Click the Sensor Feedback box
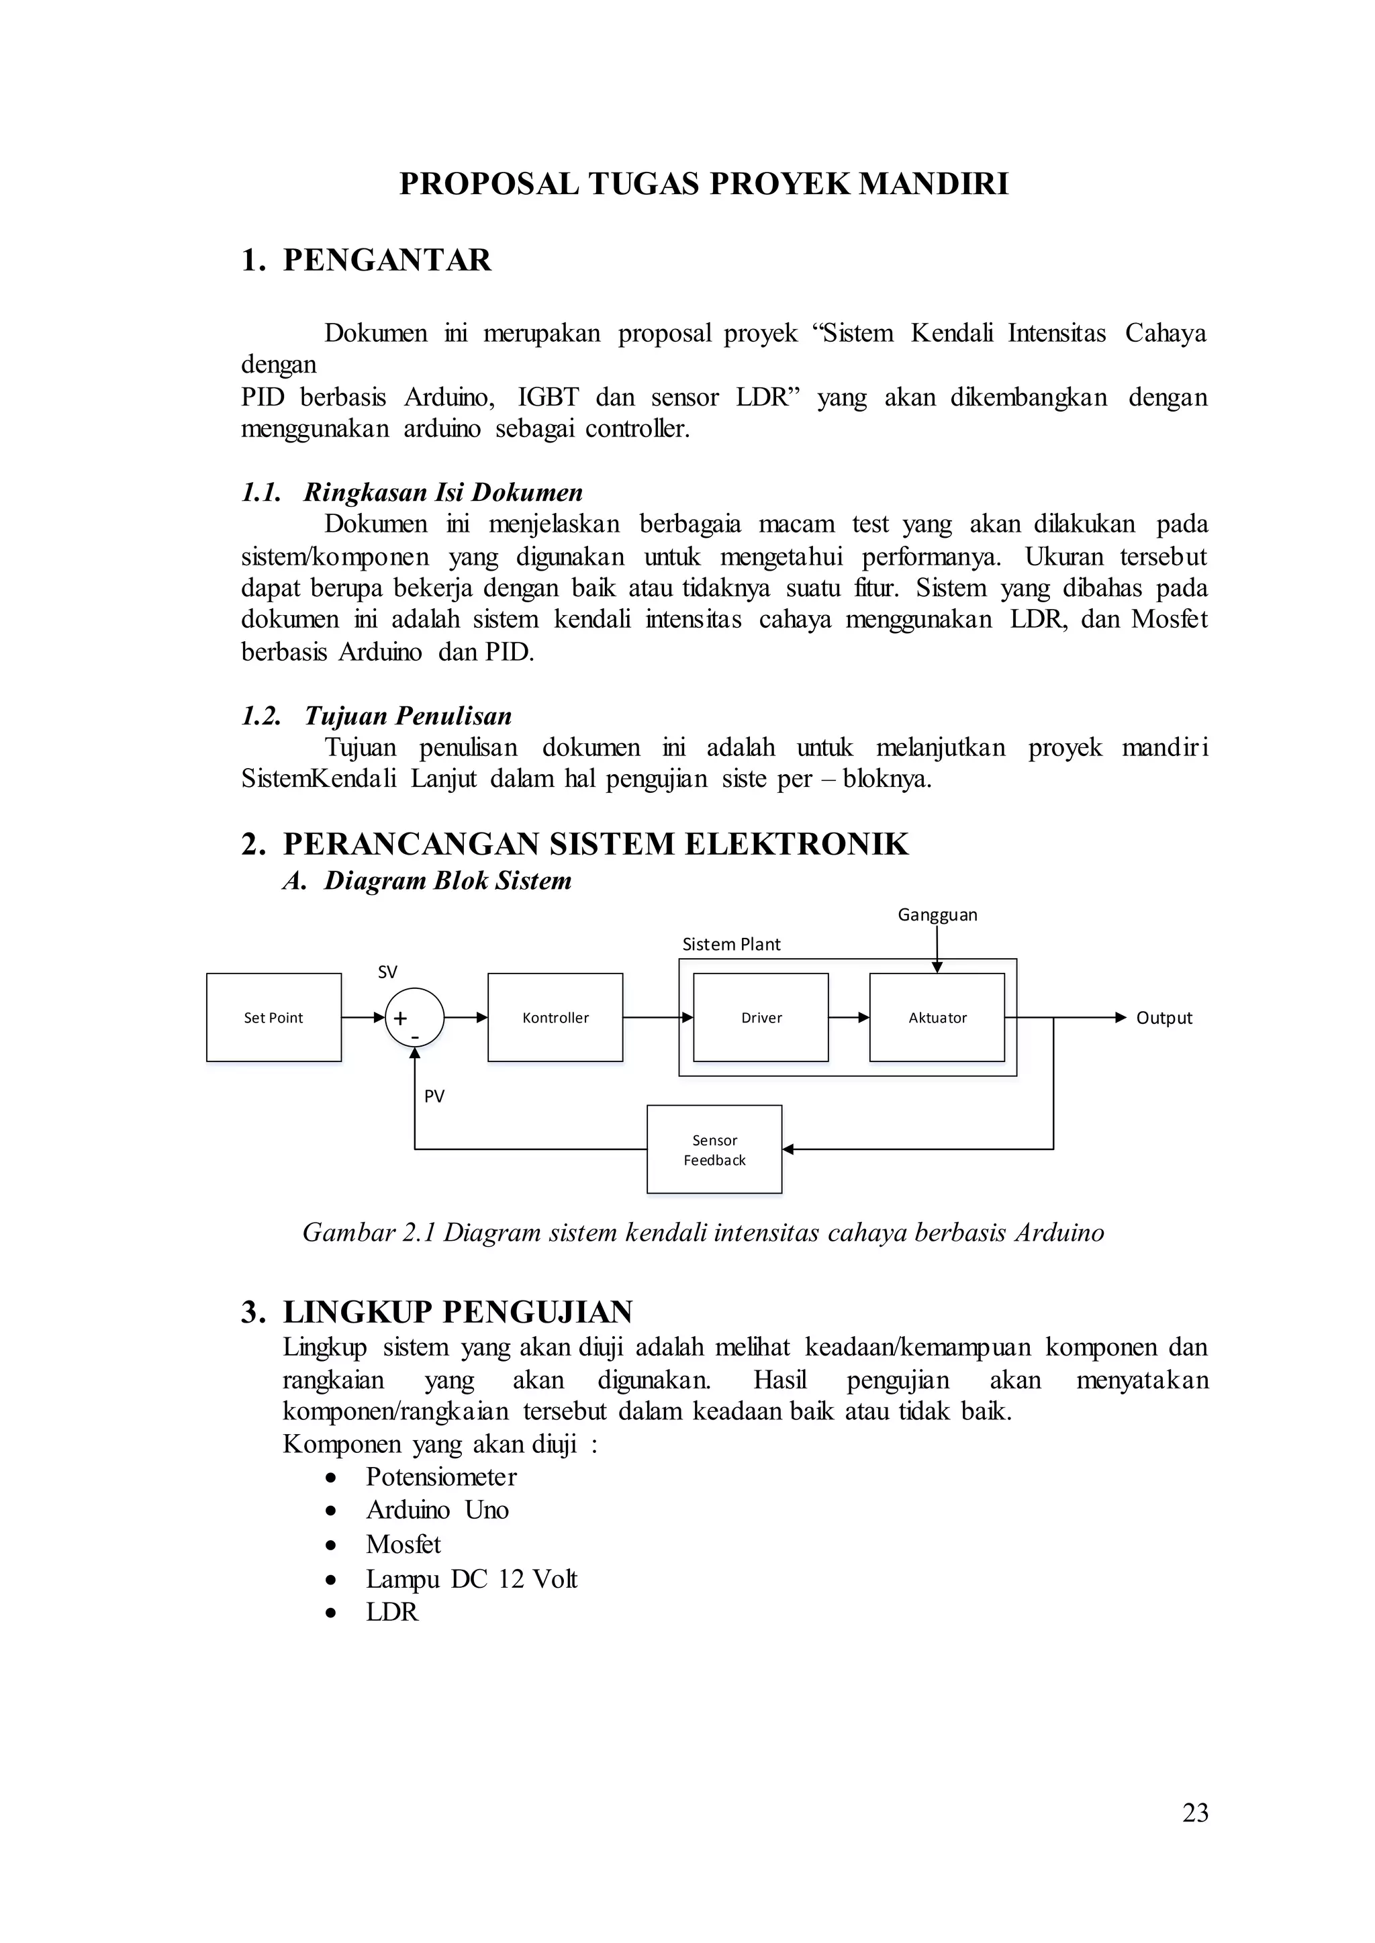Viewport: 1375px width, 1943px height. click(x=714, y=1149)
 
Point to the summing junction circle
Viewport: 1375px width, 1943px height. click(x=414, y=1018)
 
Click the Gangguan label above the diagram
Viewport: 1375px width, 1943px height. click(x=937, y=914)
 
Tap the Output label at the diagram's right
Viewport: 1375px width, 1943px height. click(x=1164, y=1018)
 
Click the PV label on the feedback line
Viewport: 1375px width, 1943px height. click(x=434, y=1096)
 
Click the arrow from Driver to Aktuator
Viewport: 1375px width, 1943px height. click(x=849, y=1018)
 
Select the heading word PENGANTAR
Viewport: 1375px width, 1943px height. click(x=386, y=260)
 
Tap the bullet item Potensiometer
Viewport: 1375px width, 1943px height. click(x=440, y=1476)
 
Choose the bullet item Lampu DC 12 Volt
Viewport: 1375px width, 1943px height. click(x=471, y=1579)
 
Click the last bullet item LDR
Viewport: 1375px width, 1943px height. click(x=392, y=1612)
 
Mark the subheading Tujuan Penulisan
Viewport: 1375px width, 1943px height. click(x=408, y=716)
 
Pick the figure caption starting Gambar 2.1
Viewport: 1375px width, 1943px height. click(x=703, y=1232)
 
